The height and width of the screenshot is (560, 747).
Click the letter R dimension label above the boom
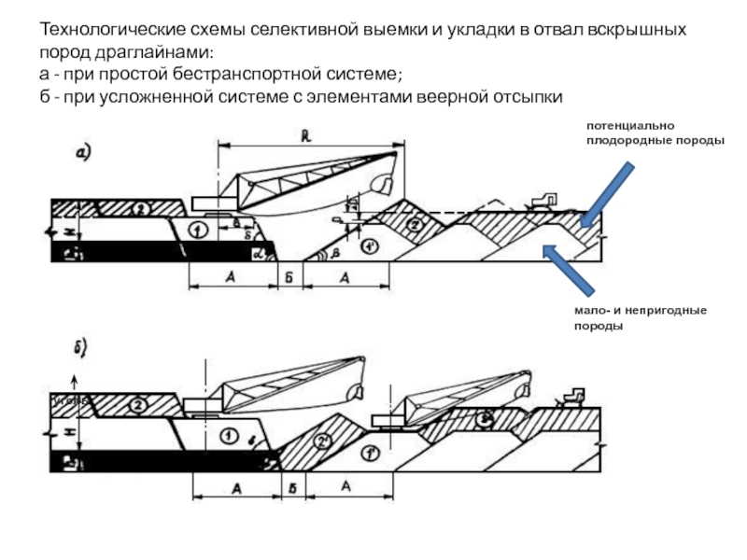point(306,135)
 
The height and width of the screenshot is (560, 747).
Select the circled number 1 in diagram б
point(227,435)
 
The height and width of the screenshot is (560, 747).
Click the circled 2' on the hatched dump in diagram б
point(324,440)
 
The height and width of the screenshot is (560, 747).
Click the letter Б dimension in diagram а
point(289,277)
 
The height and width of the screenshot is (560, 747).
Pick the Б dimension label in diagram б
point(293,487)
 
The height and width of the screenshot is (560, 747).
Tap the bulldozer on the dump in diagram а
point(542,200)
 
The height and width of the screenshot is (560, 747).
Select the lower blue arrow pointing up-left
point(571,272)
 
